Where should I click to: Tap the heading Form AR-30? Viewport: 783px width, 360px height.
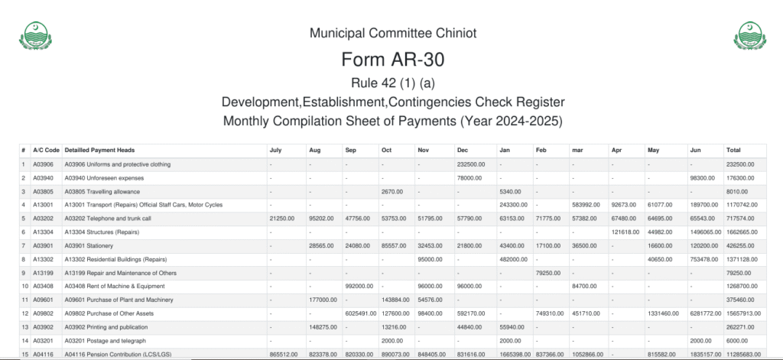click(x=392, y=60)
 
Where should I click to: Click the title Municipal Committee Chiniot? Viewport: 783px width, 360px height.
click(x=392, y=34)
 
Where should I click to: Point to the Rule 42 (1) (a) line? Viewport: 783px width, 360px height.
click(x=392, y=83)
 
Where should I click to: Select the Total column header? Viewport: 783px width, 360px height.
click(x=733, y=150)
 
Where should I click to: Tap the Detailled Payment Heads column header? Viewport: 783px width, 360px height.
click(x=99, y=150)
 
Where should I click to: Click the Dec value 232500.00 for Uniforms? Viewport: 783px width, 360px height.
click(x=472, y=164)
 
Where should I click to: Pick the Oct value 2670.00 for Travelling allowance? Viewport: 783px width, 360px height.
click(x=391, y=192)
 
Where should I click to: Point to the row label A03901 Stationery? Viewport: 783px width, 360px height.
click(x=99, y=246)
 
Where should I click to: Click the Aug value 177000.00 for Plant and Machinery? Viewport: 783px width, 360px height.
click(x=322, y=299)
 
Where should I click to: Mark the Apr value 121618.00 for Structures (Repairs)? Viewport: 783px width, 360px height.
click(x=625, y=232)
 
